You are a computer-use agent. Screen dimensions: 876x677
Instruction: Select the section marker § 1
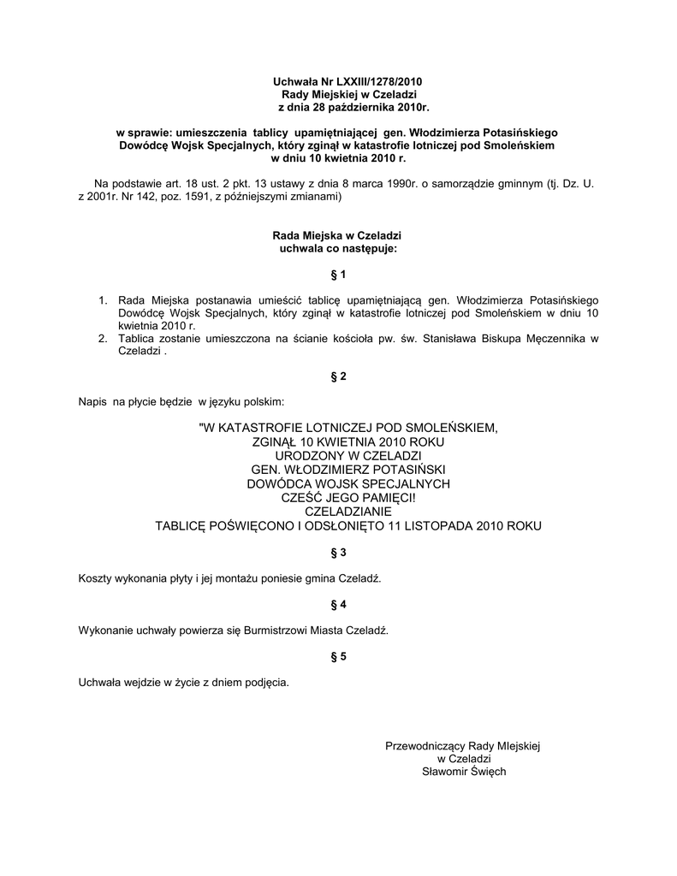click(337, 275)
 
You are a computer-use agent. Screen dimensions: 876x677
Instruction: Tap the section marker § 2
click(337, 376)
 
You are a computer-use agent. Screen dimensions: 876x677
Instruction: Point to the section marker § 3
click(337, 553)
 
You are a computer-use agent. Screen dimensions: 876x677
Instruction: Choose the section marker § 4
click(337, 604)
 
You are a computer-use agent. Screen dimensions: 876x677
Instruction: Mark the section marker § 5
click(337, 656)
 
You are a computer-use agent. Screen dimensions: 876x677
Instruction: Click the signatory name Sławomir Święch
click(464, 772)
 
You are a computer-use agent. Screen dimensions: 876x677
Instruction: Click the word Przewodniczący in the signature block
click(425, 746)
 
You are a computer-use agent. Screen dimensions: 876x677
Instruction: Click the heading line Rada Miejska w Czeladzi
click(337, 235)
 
